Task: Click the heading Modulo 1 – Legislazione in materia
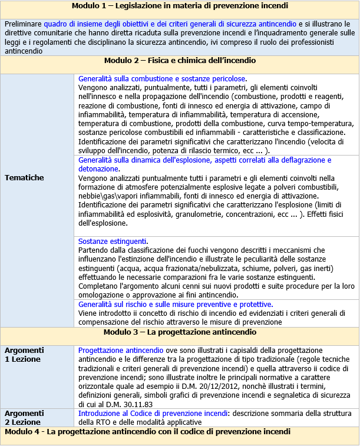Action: [x=180, y=6]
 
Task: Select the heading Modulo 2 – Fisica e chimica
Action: [x=180, y=61]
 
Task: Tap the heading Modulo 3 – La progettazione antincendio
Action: [x=180, y=333]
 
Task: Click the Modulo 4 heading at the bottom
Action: [x=156, y=432]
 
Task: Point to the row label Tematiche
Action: [x=24, y=177]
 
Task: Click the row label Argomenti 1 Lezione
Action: [x=24, y=354]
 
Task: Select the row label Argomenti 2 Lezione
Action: [x=24, y=418]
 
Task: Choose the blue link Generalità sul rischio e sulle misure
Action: [x=175, y=304]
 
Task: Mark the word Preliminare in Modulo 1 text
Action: [x=23, y=24]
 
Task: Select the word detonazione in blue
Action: [x=98, y=169]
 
